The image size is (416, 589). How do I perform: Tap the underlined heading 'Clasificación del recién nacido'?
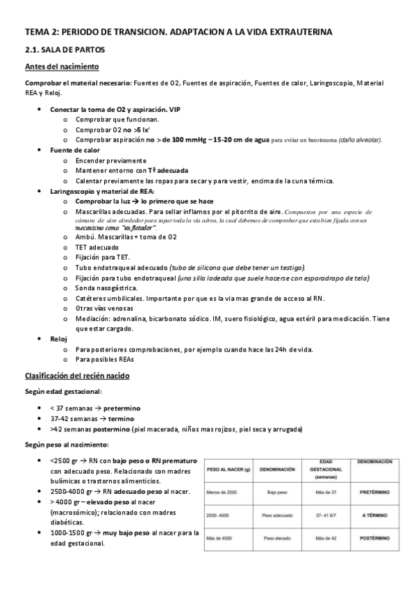(76, 376)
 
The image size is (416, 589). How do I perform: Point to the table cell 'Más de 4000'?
(222, 538)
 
